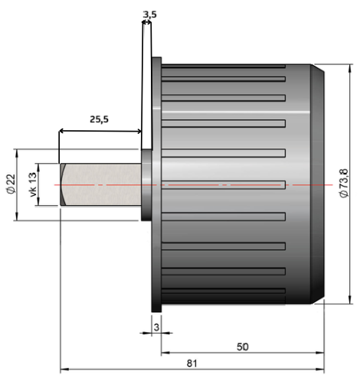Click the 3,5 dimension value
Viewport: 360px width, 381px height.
[149, 15]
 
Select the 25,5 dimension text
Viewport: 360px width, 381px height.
[99, 119]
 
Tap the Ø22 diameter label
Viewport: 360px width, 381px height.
[11, 184]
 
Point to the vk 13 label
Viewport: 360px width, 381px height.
[33, 184]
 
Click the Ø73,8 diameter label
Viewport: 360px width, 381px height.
[344, 183]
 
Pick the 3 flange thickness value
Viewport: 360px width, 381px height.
[156, 327]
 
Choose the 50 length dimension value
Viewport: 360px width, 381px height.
[242, 347]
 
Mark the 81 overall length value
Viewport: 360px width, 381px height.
[191, 363]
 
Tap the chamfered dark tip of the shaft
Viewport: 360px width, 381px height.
[63, 184]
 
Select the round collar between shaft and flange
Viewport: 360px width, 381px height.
[146, 185]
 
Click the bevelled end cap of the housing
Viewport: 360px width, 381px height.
[317, 184]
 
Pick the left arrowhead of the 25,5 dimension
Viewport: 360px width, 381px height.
[61, 131]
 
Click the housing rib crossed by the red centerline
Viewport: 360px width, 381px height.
[224, 185]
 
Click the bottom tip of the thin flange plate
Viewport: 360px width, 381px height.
[156, 311]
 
